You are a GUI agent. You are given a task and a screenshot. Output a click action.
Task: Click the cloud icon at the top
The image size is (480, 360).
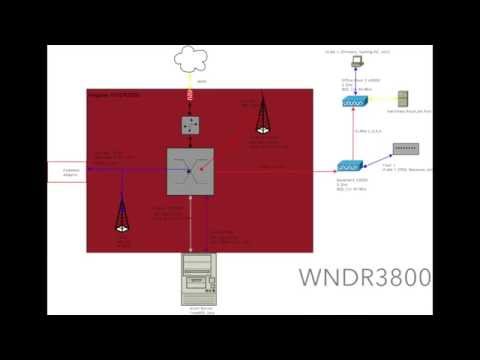click(x=192, y=59)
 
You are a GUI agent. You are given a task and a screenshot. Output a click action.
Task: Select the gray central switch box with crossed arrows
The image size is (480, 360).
click(x=190, y=171)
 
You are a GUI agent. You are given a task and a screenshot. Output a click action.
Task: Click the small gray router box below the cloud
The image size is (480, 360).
click(x=191, y=125)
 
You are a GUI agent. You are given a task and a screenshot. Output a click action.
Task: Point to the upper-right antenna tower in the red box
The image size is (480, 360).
click(x=263, y=115)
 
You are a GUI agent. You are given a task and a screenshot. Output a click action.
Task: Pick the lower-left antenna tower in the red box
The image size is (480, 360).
click(x=121, y=216)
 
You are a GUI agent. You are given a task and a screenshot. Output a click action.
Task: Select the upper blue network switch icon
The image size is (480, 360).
click(x=355, y=102)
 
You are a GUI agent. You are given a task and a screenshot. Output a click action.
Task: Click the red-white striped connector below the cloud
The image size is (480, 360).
click(x=191, y=92)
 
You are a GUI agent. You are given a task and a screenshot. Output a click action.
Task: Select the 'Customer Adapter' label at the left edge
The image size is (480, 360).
click(x=70, y=172)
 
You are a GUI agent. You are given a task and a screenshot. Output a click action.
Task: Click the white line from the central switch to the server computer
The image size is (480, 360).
click(x=190, y=225)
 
